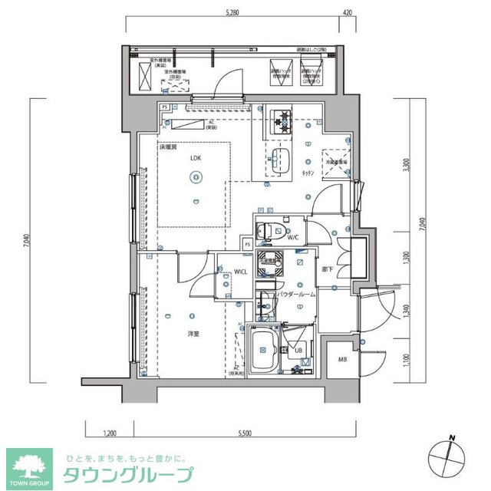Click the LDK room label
[196, 158]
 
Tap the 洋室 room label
[196, 334]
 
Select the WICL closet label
[240, 272]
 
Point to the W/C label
[293, 239]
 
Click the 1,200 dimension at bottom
[110, 434]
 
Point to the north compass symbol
[447, 458]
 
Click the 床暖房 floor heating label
[168, 147]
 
